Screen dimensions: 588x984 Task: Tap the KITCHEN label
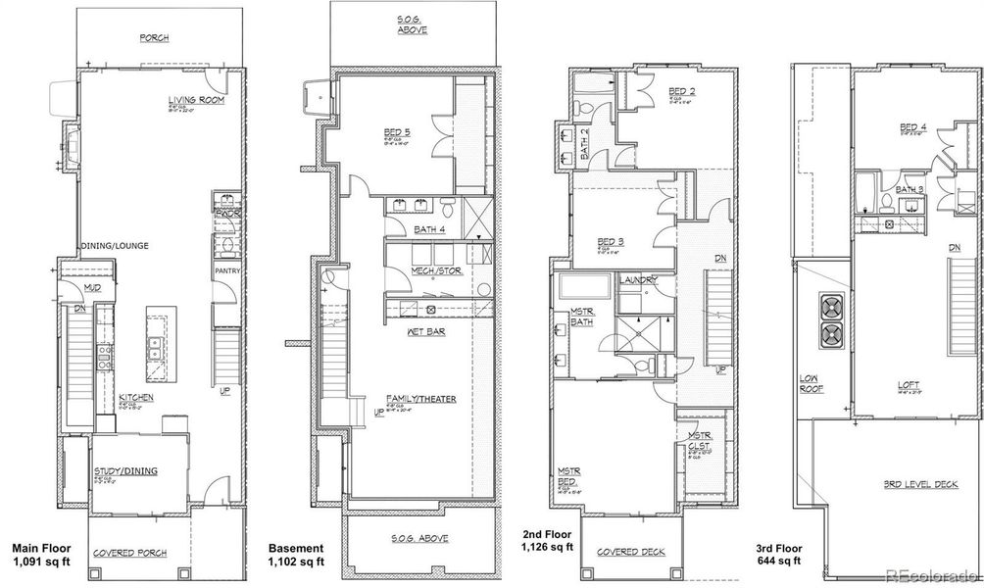137,397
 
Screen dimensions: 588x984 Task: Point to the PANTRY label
227,270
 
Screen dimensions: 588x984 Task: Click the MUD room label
93,288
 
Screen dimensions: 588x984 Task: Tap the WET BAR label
422,332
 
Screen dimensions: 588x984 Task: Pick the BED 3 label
612,241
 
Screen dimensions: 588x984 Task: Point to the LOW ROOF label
811,383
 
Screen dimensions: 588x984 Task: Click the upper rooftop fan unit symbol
832,307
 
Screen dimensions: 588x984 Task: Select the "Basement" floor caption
295,548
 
